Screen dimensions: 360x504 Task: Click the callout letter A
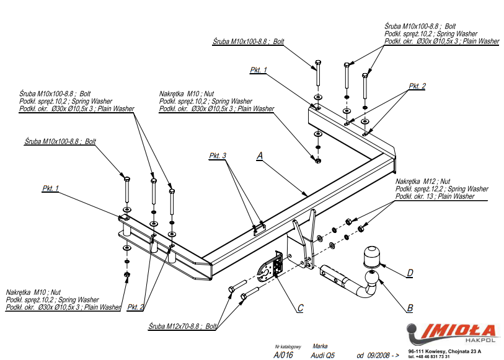point(260,156)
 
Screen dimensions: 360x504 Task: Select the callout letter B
point(410,307)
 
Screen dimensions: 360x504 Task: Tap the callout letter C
point(300,308)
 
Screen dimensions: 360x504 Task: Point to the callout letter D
point(410,272)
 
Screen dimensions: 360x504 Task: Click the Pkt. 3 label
point(218,155)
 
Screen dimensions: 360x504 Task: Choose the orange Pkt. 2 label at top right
point(417,87)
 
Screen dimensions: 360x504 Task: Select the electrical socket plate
point(270,268)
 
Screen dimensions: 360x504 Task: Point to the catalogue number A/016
point(283,355)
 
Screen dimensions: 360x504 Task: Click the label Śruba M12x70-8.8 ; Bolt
point(183,326)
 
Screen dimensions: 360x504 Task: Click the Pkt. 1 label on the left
point(51,188)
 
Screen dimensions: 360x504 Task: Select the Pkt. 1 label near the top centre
point(259,70)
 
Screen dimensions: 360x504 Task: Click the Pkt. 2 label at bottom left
point(136,307)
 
